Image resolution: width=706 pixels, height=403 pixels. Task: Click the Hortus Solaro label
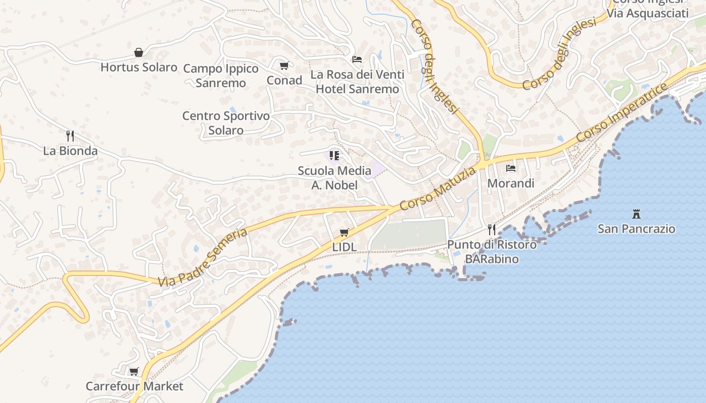click(139, 67)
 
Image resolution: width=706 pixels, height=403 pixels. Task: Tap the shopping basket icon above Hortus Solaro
click(139, 52)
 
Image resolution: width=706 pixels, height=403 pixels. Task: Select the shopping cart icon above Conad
click(284, 65)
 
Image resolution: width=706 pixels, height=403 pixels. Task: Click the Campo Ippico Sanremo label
click(220, 76)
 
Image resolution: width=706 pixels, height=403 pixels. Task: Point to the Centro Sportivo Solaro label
click(226, 123)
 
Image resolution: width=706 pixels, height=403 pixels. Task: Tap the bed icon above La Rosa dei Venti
click(357, 59)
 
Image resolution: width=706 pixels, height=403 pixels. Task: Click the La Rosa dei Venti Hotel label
click(357, 82)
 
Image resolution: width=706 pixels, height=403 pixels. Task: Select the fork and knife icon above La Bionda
click(70, 136)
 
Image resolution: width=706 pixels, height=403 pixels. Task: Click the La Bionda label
click(70, 151)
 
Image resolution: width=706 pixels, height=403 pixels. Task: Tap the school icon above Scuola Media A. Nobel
click(334, 155)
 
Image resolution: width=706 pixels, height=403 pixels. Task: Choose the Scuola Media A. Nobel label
click(334, 178)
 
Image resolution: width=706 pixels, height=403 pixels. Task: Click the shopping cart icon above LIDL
click(344, 232)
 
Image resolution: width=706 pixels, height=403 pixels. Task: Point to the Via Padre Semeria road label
click(203, 257)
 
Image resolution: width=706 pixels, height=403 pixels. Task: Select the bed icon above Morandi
click(511, 168)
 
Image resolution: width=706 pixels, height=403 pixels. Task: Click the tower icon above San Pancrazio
click(636, 214)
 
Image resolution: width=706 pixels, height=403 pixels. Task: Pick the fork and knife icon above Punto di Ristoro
click(492, 230)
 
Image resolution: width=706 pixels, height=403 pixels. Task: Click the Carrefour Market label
click(134, 386)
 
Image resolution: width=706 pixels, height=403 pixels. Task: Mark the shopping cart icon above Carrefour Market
click(134, 372)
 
